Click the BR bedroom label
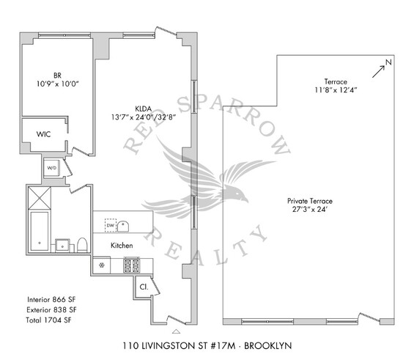[x=58, y=76]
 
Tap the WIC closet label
[x=43, y=134]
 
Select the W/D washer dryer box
[x=52, y=168]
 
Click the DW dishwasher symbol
[x=111, y=225]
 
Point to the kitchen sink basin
[x=123, y=227]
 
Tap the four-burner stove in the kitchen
[x=132, y=265]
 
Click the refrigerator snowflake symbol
[x=102, y=265]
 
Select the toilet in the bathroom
[x=82, y=245]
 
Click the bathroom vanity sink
[x=62, y=246]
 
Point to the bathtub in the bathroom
[x=40, y=231]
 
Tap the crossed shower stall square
[x=40, y=198]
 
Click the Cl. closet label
[x=144, y=287]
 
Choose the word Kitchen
[x=122, y=246]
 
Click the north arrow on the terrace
[x=379, y=72]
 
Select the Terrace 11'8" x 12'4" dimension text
[x=336, y=86]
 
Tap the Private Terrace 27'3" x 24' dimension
[x=310, y=205]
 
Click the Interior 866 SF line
[x=51, y=300]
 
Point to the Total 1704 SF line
[x=48, y=320]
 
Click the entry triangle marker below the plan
[x=176, y=331]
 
